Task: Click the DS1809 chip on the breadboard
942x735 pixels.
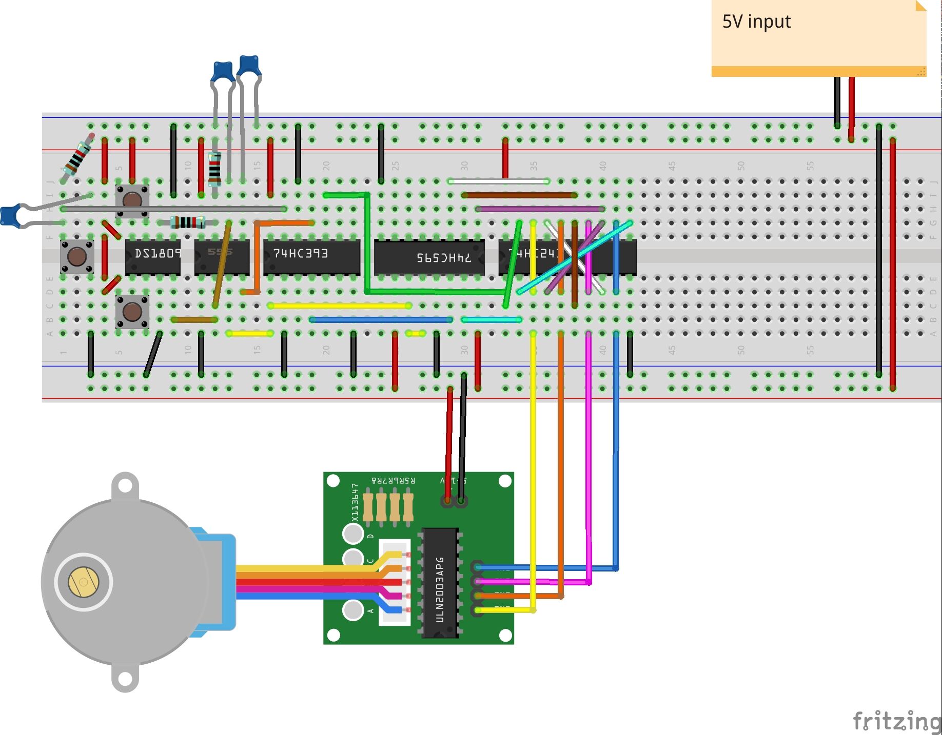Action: coord(153,257)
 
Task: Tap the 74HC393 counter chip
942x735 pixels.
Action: coord(311,257)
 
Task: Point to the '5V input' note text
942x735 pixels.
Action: coord(756,22)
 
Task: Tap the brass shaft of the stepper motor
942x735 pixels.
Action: coord(83,582)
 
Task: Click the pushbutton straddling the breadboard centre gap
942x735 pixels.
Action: coord(77,256)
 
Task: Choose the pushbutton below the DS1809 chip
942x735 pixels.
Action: coord(132,311)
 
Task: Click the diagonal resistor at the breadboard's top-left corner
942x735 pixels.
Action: coord(77,157)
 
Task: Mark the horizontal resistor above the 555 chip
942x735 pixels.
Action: coord(188,222)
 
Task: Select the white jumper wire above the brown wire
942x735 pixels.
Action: coord(498,181)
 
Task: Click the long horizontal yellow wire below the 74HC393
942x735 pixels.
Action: coord(339,306)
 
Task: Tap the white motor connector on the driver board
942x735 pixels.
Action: coord(394,582)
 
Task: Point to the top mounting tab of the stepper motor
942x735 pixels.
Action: coord(125,486)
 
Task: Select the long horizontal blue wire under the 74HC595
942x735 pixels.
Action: coord(381,320)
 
